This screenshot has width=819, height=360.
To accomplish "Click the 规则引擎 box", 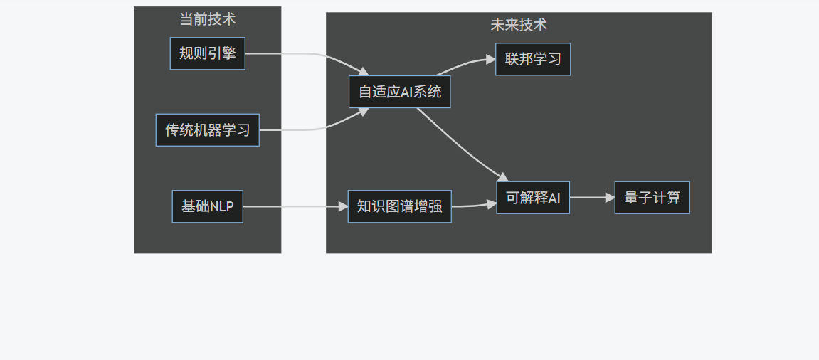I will click(x=207, y=53).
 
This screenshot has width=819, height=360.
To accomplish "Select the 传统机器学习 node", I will click(x=207, y=130).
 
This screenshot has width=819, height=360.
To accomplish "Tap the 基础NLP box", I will click(x=207, y=206).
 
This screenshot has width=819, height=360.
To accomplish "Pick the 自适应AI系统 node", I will click(x=399, y=92).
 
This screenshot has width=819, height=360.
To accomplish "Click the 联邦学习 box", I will click(x=532, y=59).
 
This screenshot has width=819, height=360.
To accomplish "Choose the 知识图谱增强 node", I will click(x=399, y=206).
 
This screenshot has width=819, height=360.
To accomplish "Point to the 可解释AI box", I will click(x=533, y=198).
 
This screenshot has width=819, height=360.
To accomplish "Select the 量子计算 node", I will click(x=652, y=198).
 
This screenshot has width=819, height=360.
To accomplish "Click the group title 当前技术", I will click(x=207, y=19).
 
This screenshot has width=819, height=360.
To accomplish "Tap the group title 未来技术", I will click(x=519, y=25).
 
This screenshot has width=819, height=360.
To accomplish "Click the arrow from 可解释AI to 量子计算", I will click(x=591, y=198).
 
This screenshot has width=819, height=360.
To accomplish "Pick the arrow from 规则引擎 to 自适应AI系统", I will click(x=306, y=55).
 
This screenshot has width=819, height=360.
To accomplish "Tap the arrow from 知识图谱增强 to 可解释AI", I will click(x=473, y=206).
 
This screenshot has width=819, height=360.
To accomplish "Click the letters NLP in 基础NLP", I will click(x=221, y=206).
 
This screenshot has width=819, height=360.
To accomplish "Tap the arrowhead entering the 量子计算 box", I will click(x=610, y=198).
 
